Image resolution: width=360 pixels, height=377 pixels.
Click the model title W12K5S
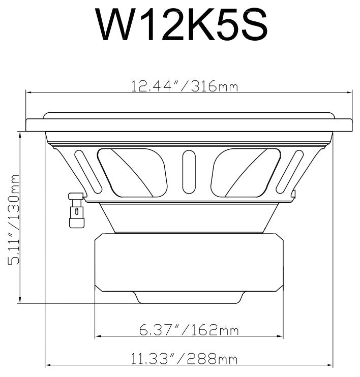tap(182, 24)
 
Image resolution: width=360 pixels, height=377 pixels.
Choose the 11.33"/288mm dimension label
tap(184, 360)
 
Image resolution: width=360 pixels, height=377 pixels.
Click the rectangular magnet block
tap(189, 262)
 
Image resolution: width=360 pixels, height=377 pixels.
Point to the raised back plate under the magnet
tap(189, 297)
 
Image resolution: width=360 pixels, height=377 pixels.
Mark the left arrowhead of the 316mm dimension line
tap(28, 92)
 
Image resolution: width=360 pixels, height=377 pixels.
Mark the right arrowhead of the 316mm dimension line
tap(349, 92)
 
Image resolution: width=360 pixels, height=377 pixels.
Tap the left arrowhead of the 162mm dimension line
tap(98, 336)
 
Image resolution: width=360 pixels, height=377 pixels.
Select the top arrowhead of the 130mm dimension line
tap(20, 134)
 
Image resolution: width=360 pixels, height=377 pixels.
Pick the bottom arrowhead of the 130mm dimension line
tap(20, 301)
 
